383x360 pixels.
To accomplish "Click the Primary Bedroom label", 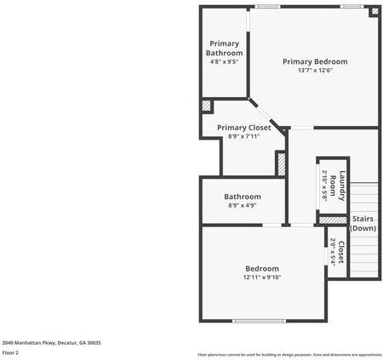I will [315, 61].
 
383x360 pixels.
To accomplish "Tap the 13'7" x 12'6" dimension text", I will [315, 71].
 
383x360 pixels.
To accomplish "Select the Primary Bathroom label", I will [225, 48].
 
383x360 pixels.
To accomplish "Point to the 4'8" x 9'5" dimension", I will [225, 61].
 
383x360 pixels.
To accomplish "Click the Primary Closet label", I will [243, 128].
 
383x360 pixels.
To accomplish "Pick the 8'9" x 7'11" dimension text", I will [243, 136].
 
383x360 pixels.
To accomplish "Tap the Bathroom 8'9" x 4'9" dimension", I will [243, 205].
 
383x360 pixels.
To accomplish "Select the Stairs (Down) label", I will [363, 223].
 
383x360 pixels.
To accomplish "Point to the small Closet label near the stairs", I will [340, 252].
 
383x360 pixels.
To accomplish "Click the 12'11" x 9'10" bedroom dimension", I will [261, 277].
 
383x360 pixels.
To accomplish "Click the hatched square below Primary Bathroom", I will [206, 106].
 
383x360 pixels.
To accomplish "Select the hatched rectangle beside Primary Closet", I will [280, 162].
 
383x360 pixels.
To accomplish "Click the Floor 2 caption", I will [11, 352].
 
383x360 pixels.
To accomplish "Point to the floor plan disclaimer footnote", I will [289, 354].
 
